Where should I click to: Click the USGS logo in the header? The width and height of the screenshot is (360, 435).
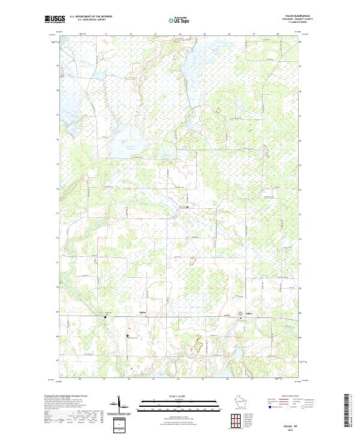click(x=55, y=20)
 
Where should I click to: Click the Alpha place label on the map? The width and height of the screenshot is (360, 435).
click(x=142, y=313)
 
